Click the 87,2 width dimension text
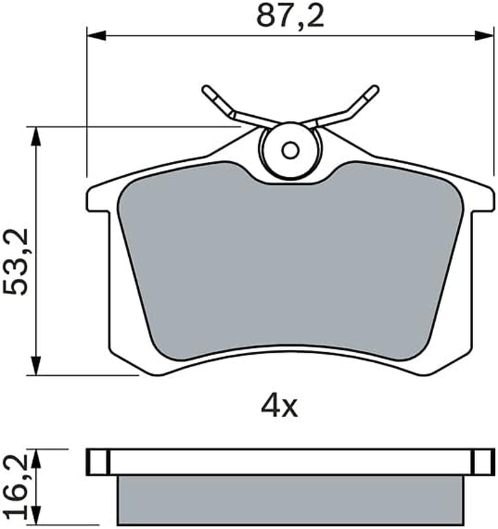click(291, 17)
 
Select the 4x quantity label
click(280, 407)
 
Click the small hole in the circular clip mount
click(289, 150)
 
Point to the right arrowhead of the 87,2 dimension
click(486, 35)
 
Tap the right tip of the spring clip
click(373, 90)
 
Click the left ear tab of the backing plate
click(100, 199)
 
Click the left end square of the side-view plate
click(97, 462)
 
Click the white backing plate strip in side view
click(291, 462)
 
